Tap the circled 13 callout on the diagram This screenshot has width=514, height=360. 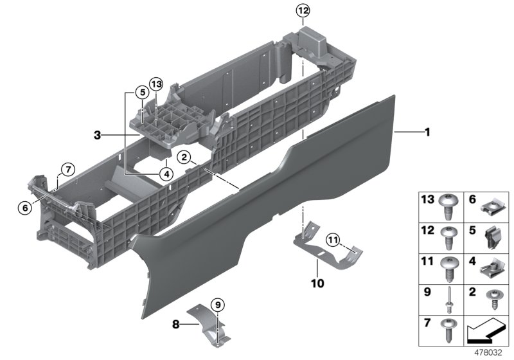tap(156, 84)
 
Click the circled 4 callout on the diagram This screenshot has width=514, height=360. tap(166, 172)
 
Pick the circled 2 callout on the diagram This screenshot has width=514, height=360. tap(184, 157)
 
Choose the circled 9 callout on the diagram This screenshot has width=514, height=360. tap(217, 303)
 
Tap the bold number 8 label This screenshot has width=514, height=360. tap(175, 325)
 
